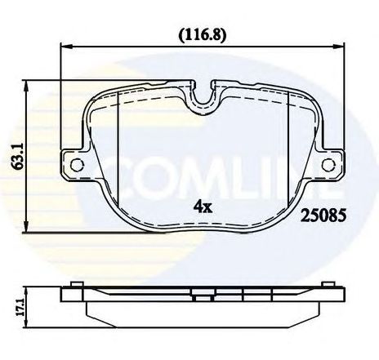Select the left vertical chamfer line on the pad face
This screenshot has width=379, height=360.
tap(119, 147)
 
